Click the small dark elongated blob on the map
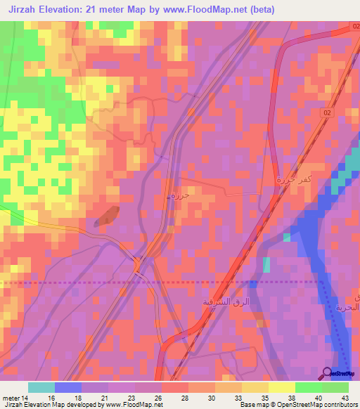click(x=104, y=216)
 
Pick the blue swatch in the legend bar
click(x=67, y=387)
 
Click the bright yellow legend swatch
click(x=281, y=387)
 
